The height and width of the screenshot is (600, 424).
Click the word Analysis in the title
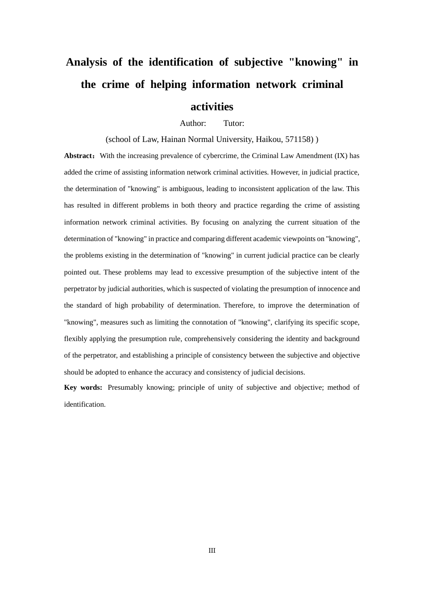(87, 62)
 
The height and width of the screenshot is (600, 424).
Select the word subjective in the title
(258, 62)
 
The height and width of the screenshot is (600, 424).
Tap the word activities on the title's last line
(212, 107)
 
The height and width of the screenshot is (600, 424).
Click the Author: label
(193, 123)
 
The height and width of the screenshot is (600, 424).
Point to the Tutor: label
(234, 123)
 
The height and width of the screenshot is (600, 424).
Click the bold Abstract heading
(79, 156)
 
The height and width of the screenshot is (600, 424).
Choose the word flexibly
(76, 339)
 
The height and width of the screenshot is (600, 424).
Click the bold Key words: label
(83, 387)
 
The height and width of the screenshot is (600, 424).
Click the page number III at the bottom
(212, 550)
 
